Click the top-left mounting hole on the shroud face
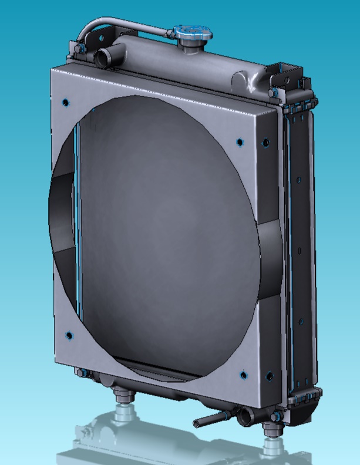(64, 100)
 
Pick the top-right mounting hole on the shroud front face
(239, 141)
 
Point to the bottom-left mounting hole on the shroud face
(69, 336)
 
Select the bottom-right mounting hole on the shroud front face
(243, 373)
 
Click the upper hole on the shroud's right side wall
(265, 142)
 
